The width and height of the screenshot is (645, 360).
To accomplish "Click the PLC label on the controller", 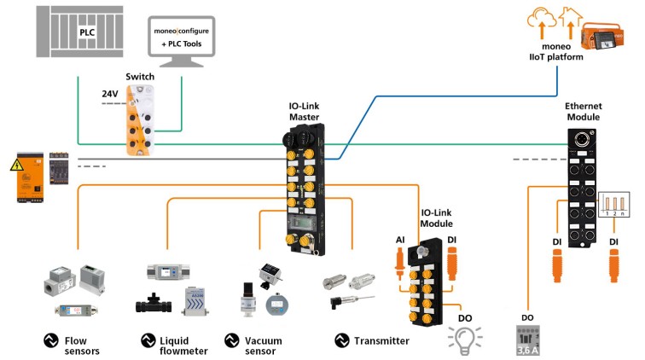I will tap(87, 32).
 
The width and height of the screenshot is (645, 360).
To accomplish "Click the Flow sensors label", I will tap(82, 345).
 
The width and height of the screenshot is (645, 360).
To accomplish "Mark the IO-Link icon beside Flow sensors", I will tap(51, 341).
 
